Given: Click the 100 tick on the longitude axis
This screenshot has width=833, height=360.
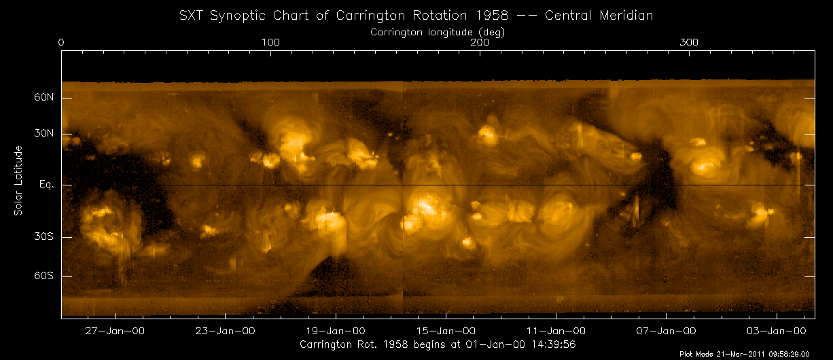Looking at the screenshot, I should (270, 42).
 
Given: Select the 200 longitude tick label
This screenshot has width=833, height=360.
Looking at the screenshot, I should (480, 42).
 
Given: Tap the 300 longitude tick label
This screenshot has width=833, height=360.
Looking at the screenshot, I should (689, 42).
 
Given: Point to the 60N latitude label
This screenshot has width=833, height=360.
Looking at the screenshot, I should (45, 98).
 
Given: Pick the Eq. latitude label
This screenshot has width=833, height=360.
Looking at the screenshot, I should (46, 185).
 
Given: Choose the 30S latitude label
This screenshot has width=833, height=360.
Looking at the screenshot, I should (45, 236).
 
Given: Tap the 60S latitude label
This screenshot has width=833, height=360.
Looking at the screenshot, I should (45, 276).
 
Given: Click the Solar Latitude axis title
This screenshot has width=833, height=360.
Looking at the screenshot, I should (18, 181).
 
